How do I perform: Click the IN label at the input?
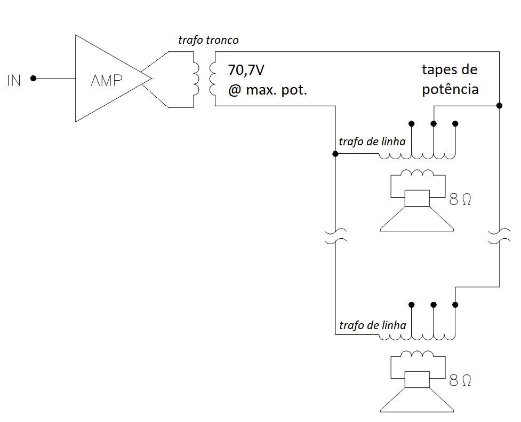pos(14,81)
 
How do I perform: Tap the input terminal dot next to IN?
pos(33,79)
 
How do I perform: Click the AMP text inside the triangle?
pos(107,81)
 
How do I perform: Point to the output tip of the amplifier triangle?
pos(151,79)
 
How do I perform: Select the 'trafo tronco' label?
pos(209,41)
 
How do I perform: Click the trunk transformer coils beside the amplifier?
pos(203,79)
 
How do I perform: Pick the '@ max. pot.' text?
pos(268,90)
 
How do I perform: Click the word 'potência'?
pos(450,90)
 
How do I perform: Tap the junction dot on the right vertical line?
pos(499,106)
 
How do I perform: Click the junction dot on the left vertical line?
pos(335,154)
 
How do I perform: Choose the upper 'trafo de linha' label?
pos(372,142)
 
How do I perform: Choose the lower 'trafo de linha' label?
pos(372,325)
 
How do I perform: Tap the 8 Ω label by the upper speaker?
pos(460,200)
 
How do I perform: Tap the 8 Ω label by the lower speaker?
pos(460,381)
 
